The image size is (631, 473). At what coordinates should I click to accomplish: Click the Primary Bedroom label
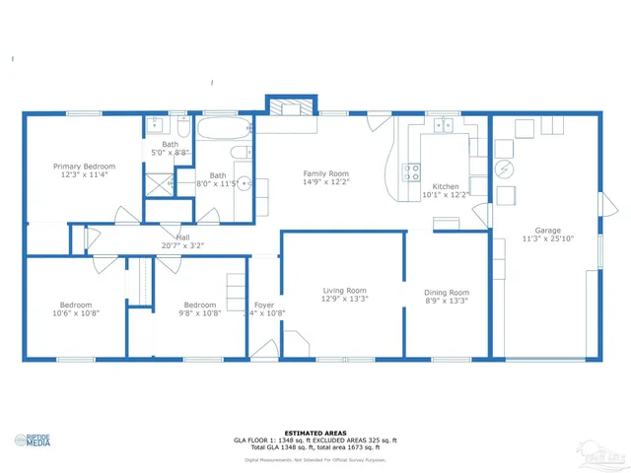(x=84, y=167)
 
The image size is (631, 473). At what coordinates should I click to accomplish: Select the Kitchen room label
(x=446, y=186)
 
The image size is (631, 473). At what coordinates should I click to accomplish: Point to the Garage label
(x=548, y=231)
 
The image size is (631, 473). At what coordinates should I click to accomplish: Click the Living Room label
(x=344, y=291)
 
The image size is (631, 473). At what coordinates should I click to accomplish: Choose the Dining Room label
(x=446, y=293)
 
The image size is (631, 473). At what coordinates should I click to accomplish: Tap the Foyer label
(x=263, y=305)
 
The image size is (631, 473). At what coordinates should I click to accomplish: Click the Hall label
(x=182, y=237)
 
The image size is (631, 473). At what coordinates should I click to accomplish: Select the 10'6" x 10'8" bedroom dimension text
(x=75, y=313)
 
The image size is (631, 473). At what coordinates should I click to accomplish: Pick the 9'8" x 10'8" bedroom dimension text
(x=199, y=313)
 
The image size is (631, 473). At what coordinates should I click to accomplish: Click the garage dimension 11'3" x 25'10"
(x=548, y=239)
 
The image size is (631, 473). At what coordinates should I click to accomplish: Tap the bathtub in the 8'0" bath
(x=223, y=129)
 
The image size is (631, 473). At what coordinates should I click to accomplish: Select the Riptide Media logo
(x=35, y=440)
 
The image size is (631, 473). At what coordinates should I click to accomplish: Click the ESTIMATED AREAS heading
(x=315, y=433)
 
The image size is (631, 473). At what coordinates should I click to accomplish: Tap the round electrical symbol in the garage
(x=504, y=169)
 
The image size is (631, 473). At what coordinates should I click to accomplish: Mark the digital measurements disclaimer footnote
(x=315, y=459)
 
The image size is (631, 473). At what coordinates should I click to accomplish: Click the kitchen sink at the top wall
(x=442, y=125)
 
